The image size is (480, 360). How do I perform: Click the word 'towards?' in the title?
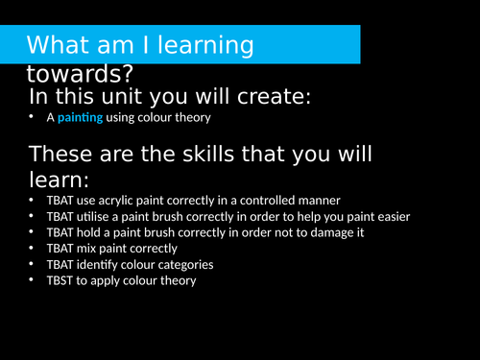pos(81,74)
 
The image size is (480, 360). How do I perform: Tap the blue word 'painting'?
pos(82,118)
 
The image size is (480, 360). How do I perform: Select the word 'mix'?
pos(92,249)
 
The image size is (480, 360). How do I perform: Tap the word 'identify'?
pos(106,264)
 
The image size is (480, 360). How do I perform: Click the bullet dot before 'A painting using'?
pos(34,118)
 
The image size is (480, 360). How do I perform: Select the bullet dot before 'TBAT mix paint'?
pos(34,249)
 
